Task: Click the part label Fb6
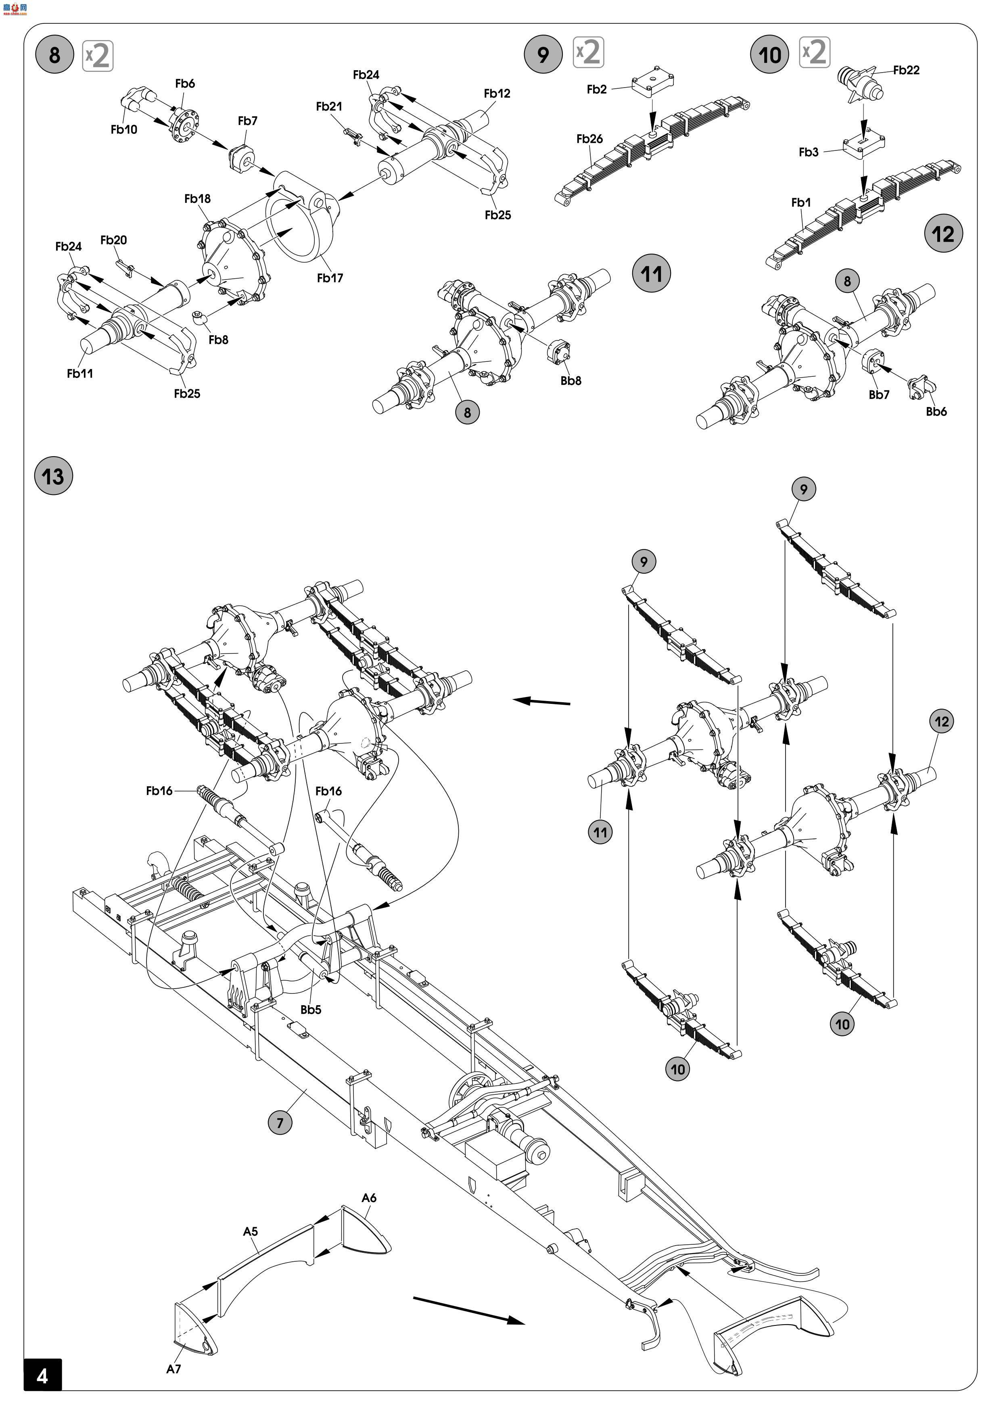pos(185,83)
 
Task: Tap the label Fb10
pos(124,129)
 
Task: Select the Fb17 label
pos(330,278)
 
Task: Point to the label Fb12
pos(497,94)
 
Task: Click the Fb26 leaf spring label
pos(589,139)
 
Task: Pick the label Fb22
pos(906,70)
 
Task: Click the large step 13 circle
pos(53,476)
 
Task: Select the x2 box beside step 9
pos(589,53)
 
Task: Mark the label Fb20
pos(113,240)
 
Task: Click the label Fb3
pos(808,152)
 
